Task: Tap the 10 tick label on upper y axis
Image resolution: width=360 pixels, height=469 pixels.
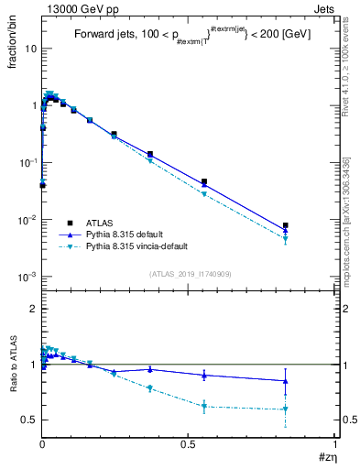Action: tap(30, 49)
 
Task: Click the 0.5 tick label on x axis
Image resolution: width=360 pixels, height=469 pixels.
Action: tap(188, 442)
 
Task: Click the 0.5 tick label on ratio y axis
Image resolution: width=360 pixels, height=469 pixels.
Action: tap(29, 420)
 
